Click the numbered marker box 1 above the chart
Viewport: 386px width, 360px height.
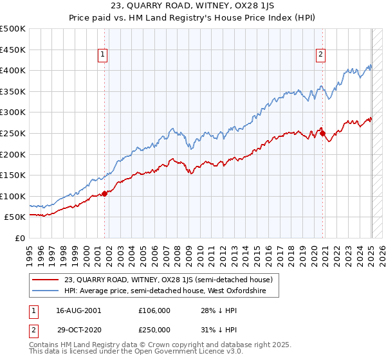(104, 55)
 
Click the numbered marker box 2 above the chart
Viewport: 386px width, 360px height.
(320, 55)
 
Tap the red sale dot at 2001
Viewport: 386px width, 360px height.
(104, 194)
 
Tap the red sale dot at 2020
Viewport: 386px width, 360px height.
(323, 133)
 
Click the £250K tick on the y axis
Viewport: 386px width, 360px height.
(13, 133)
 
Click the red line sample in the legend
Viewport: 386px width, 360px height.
(45, 280)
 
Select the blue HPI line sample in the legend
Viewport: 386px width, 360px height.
(45, 291)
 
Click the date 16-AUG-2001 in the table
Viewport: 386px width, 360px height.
(78, 310)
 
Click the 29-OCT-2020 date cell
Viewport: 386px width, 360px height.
(78, 328)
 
